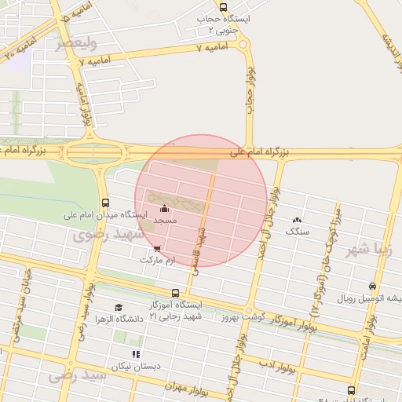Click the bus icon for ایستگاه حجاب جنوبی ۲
(x=224, y=7)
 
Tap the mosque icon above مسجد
(x=164, y=209)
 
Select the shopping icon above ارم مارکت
(x=157, y=249)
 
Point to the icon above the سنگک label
(x=297, y=221)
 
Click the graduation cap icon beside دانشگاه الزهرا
(x=119, y=308)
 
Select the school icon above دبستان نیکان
(x=137, y=355)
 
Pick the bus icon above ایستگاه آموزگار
(x=174, y=294)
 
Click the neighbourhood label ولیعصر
(x=77, y=42)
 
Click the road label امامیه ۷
(x=210, y=49)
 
